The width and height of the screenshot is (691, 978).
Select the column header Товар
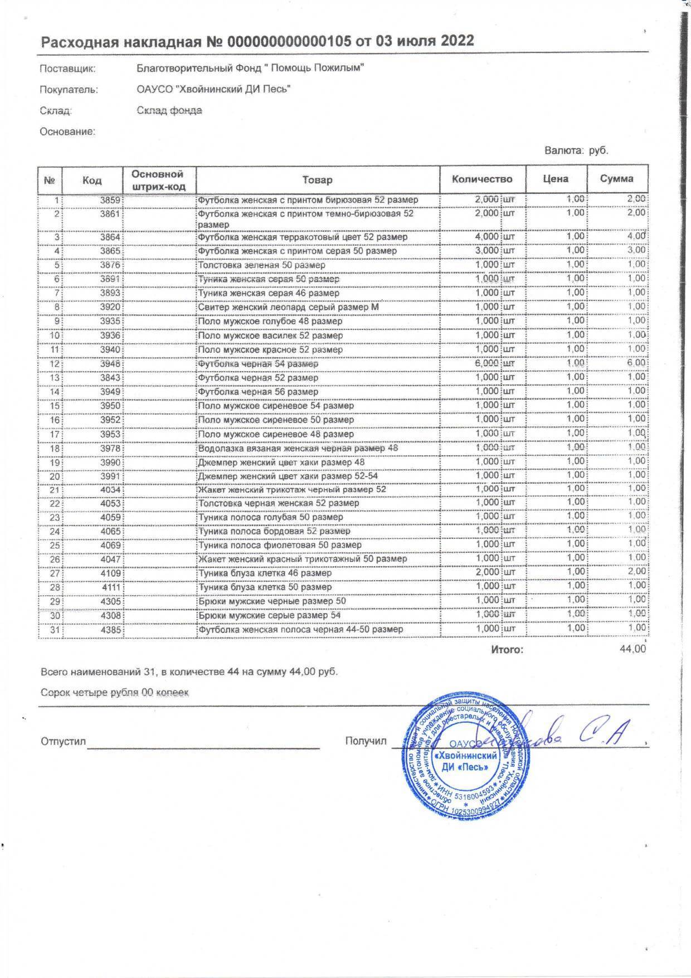click(x=318, y=179)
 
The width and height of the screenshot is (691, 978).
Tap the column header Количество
click(x=482, y=179)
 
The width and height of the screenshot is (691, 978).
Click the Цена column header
click(x=556, y=179)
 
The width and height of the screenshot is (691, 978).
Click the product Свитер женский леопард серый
click(x=288, y=307)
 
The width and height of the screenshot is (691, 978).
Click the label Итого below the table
click(x=507, y=650)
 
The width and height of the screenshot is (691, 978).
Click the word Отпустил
click(x=63, y=742)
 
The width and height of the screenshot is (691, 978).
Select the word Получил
click(x=366, y=741)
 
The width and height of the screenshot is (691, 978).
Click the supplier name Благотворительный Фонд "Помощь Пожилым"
click(x=250, y=69)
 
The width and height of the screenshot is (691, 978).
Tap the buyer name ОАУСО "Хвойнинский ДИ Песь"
click(x=213, y=89)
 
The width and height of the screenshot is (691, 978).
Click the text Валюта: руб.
click(x=577, y=150)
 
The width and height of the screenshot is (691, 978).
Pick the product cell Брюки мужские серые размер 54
click(x=269, y=615)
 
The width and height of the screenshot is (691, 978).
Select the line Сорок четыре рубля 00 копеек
click(x=115, y=693)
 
